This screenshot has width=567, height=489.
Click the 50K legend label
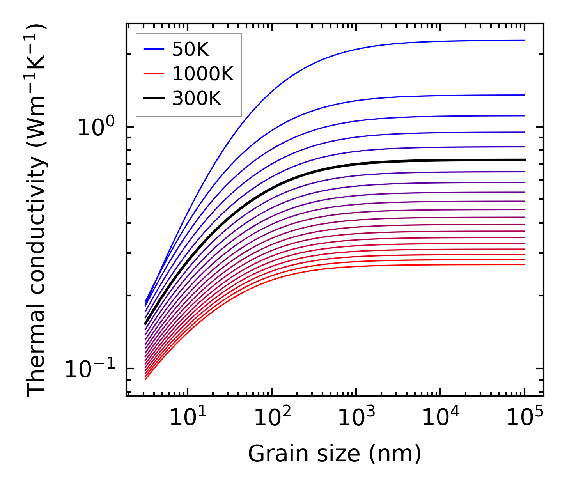pyautogui.click(x=190, y=50)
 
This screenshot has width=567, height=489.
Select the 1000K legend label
pyautogui.click(x=203, y=74)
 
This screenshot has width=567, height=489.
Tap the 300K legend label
pyautogui.click(x=197, y=99)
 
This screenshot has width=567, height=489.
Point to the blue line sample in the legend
pyautogui.click(x=154, y=50)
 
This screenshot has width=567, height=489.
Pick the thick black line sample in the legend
pyautogui.click(x=154, y=99)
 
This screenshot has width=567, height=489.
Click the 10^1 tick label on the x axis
pyautogui.click(x=188, y=417)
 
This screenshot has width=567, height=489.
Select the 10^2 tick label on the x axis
pyautogui.click(x=272, y=417)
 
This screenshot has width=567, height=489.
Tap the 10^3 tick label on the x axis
pyautogui.click(x=356, y=417)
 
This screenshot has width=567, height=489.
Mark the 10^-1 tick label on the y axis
pyautogui.click(x=90, y=369)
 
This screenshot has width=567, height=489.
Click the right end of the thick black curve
pyautogui.click(x=525, y=160)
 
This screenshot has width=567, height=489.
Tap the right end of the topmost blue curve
pyautogui.click(x=525, y=40)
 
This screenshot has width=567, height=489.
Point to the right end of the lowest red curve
pyautogui.click(x=525, y=265)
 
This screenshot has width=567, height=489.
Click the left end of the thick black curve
pyautogui.click(x=145, y=324)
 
